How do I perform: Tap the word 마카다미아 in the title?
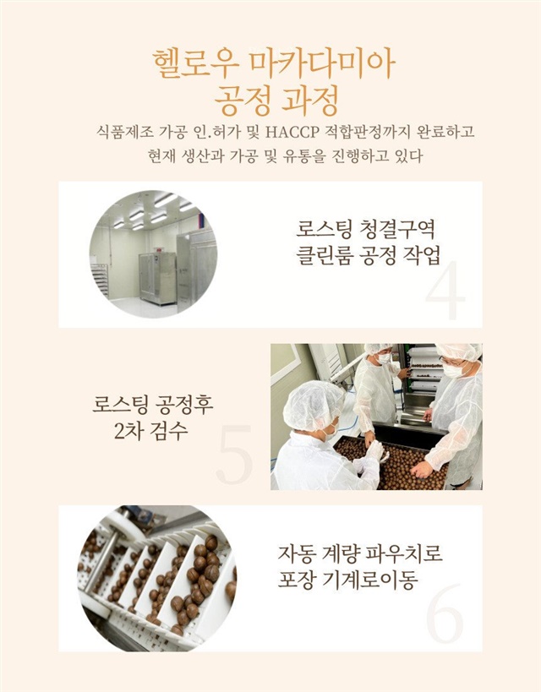point(321,64)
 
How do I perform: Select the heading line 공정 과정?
point(276,100)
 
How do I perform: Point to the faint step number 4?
point(445,291)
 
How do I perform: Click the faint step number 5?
point(235,454)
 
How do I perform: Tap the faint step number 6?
point(445,614)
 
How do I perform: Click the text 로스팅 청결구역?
point(366,230)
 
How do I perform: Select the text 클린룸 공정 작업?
point(368,256)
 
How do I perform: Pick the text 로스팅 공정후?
point(153,404)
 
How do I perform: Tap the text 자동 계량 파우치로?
point(360,553)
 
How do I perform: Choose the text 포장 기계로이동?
point(347,580)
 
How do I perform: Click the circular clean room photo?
point(153,254)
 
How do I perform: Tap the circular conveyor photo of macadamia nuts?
point(156,578)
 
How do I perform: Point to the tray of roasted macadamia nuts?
point(393,463)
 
